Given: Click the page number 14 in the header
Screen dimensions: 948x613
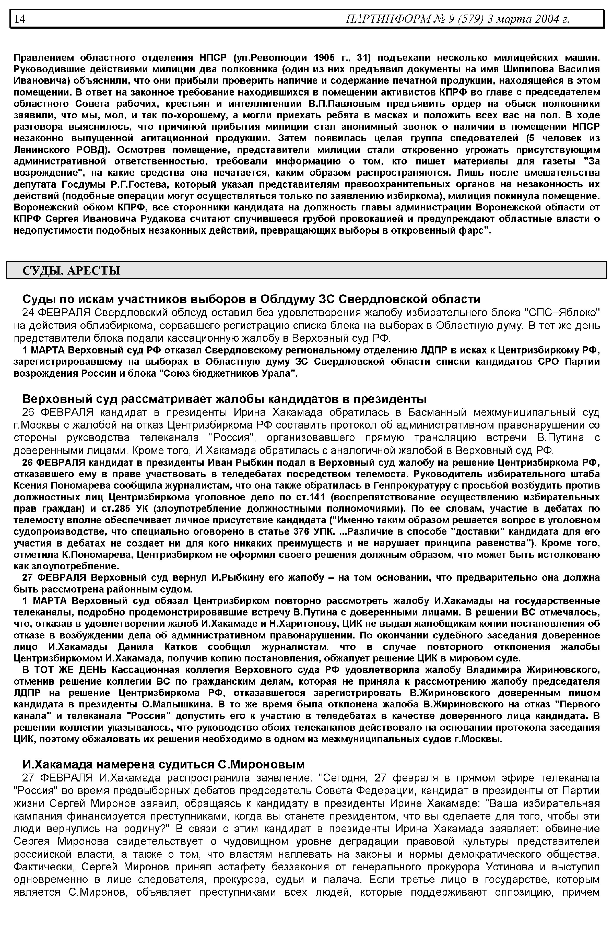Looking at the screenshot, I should coord(20,19).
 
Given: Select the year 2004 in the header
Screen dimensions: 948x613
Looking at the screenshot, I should coord(545,19).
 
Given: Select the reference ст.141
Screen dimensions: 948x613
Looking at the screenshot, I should coord(311,497).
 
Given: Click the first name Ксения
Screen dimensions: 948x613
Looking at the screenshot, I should coord(30,485).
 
